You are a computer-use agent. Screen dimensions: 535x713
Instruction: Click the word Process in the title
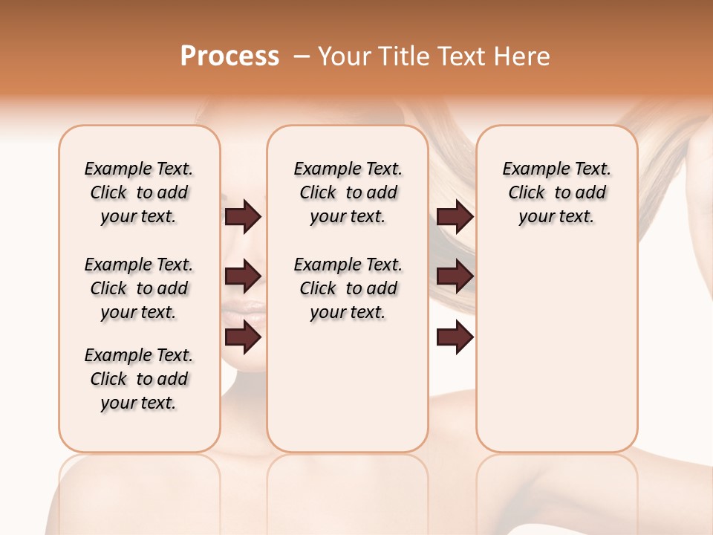click(x=229, y=56)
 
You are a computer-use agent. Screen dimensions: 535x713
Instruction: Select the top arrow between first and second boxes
click(x=243, y=216)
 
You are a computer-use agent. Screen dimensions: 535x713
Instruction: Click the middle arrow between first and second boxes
click(x=243, y=276)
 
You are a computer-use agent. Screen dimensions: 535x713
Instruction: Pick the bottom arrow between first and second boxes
click(x=243, y=337)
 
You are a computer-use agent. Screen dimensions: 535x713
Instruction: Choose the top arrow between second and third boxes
click(x=455, y=216)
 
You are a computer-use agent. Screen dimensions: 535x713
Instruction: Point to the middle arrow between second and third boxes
click(x=455, y=276)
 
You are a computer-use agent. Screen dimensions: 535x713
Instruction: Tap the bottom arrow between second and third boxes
click(x=455, y=337)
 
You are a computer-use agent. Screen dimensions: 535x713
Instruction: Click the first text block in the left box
click(x=139, y=192)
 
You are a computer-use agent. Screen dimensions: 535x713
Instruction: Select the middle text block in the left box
click(x=139, y=288)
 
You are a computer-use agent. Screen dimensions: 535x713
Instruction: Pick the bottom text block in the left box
click(x=139, y=379)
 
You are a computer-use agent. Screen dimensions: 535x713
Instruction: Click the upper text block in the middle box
click(x=348, y=192)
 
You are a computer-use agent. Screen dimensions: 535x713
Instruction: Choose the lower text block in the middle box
click(x=348, y=288)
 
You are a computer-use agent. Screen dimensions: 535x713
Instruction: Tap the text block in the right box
click(x=556, y=192)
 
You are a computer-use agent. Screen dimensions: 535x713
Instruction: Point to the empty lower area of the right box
click(x=556, y=357)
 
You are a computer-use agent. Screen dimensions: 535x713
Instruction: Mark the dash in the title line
click(x=302, y=56)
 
